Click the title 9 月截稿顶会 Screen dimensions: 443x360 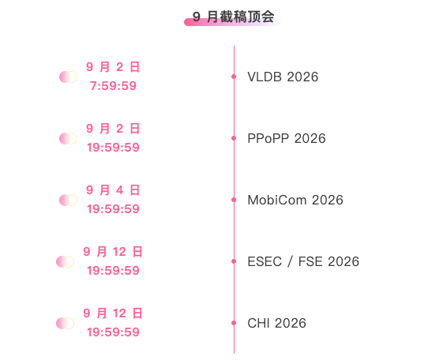(234, 17)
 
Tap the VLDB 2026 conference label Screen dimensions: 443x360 (283, 77)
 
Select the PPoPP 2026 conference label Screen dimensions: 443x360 (287, 138)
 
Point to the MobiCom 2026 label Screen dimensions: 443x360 (295, 200)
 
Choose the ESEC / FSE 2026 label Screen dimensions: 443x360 (303, 261)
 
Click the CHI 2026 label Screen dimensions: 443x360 (276, 323)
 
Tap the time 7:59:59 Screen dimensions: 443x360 (113, 86)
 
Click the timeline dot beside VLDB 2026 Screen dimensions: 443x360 (234, 77)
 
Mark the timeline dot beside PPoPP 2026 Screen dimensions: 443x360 (234, 138)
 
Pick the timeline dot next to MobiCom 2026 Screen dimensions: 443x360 (234, 200)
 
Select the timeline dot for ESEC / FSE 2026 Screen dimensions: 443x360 (234, 261)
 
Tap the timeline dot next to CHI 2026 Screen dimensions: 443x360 (234, 323)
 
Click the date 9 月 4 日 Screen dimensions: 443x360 (113, 190)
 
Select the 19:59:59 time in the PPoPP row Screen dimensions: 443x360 (113, 148)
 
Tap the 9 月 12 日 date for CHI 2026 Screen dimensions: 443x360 (113, 313)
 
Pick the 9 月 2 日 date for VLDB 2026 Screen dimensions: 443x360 (113, 67)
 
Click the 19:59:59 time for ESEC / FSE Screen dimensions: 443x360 (113, 271)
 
